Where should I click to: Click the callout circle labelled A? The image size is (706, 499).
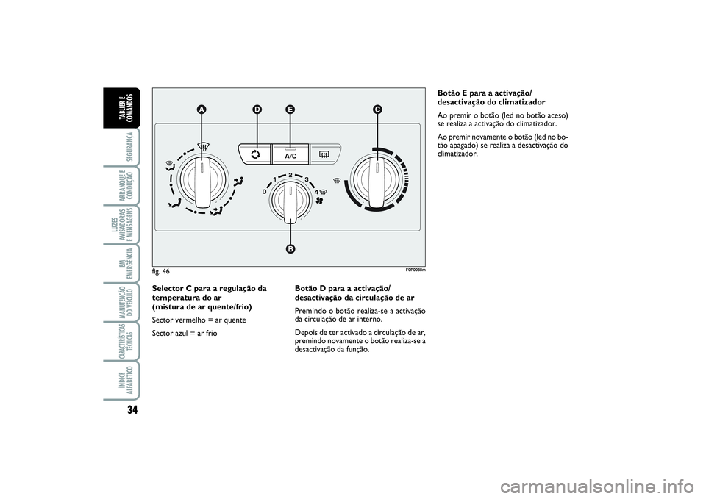tap(202, 110)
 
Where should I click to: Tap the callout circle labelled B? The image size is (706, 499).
tap(290, 249)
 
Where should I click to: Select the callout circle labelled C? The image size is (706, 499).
tap(377, 110)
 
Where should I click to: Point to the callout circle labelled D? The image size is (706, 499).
tap(257, 110)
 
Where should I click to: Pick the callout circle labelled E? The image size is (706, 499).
tap(290, 110)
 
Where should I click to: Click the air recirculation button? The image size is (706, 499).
tap(255, 154)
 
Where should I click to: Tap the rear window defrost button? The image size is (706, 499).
tap(325, 154)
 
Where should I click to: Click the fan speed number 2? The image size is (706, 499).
tap(291, 175)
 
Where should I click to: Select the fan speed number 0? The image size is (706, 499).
tap(264, 192)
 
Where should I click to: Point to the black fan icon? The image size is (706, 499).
tap(321, 200)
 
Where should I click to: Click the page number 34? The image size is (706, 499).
tap(132, 409)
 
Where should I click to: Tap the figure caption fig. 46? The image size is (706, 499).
tap(161, 271)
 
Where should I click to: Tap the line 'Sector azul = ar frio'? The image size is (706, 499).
tap(185, 334)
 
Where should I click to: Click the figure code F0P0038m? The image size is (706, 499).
tap(416, 270)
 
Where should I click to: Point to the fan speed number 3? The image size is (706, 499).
tap(307, 179)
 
